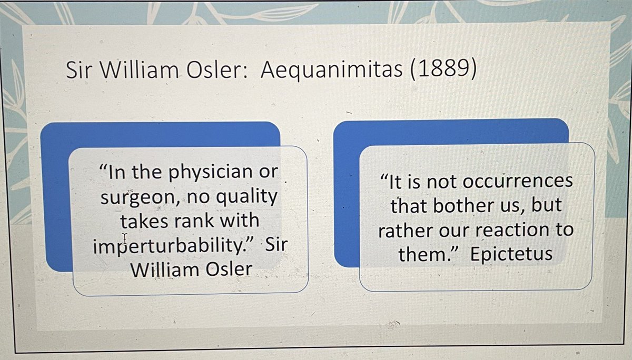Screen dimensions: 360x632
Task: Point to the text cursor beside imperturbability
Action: pos(125,238)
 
